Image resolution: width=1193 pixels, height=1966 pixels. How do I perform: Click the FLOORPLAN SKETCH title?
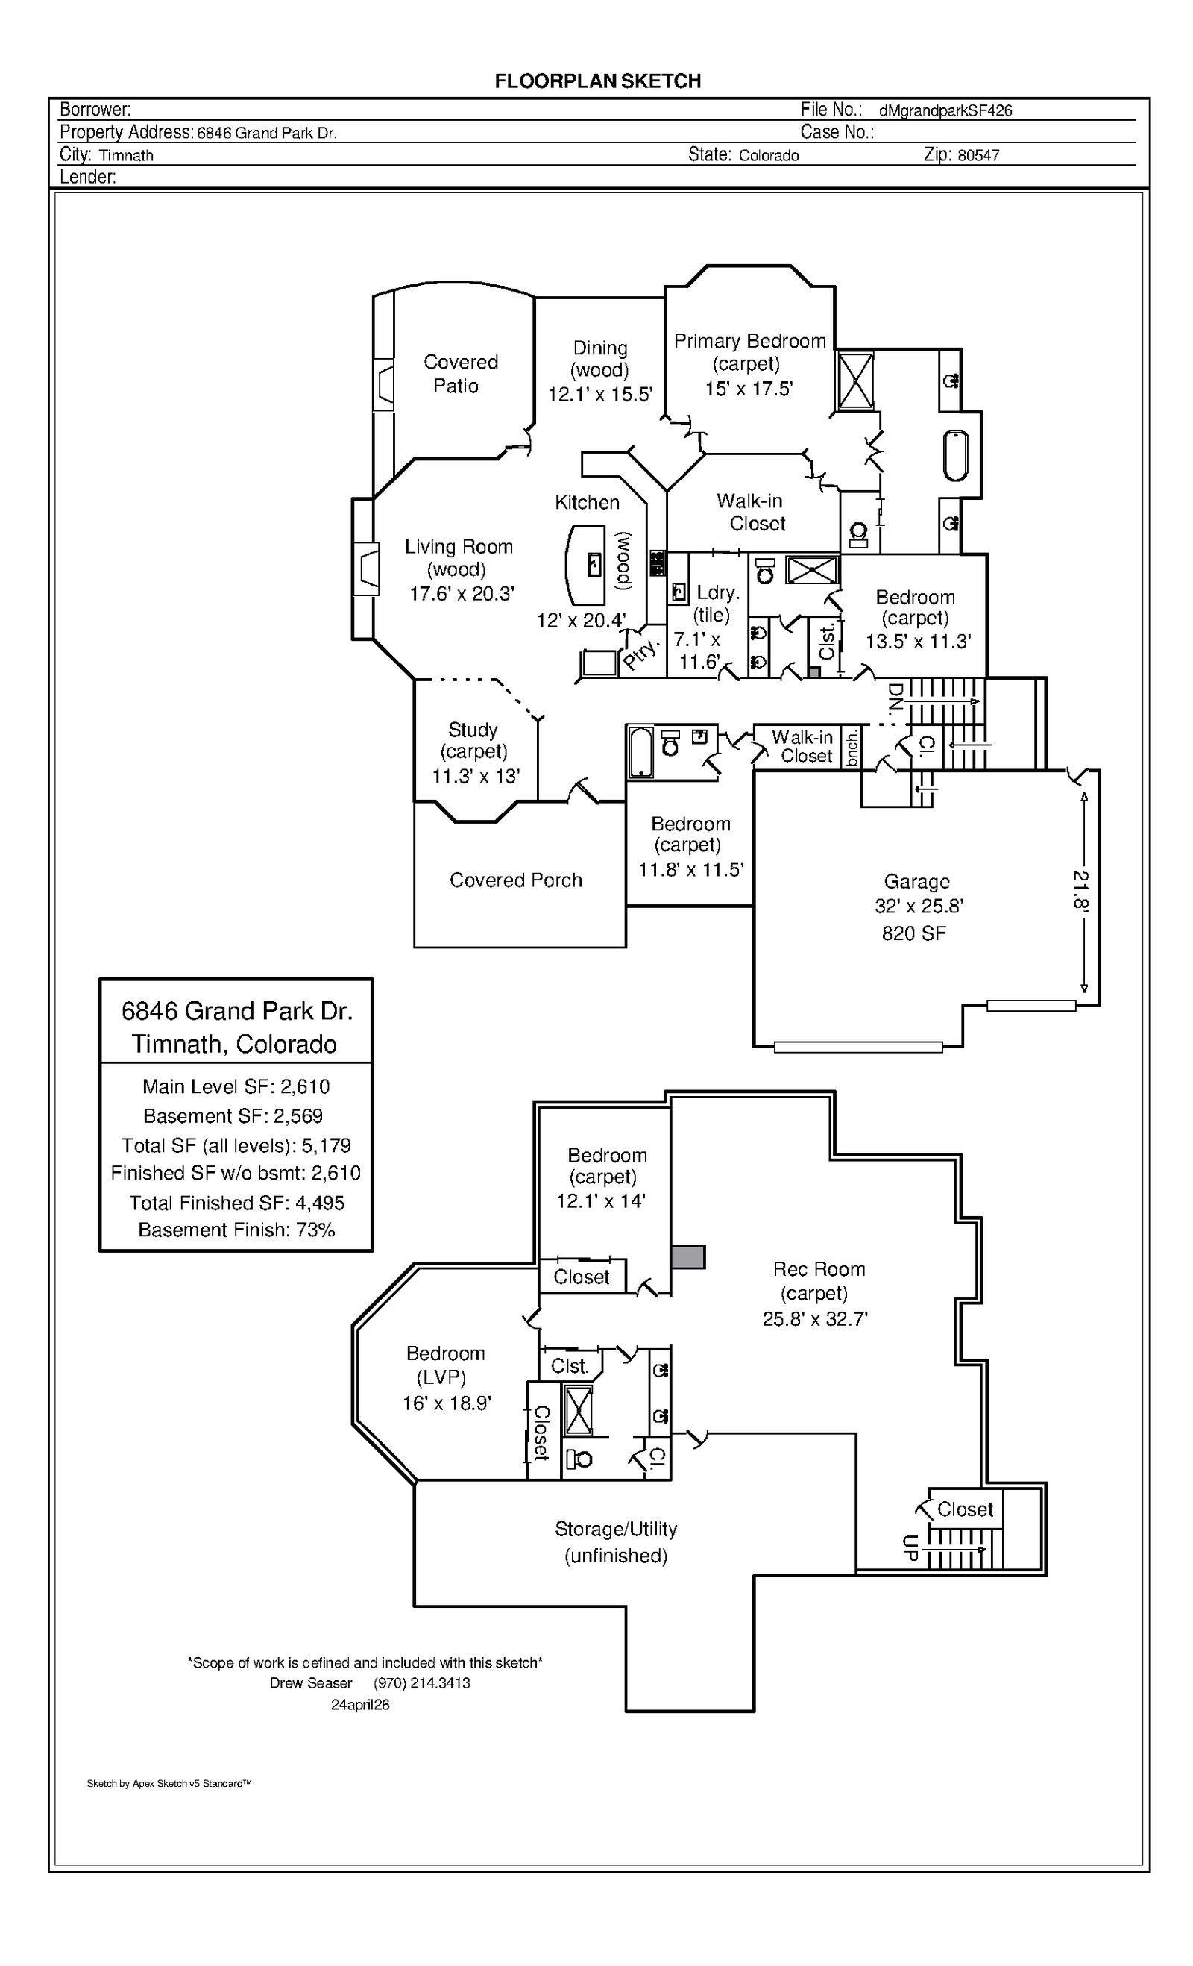[x=597, y=81]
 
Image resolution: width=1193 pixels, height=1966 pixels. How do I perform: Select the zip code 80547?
[x=978, y=156]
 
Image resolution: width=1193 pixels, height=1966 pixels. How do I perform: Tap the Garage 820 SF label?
[x=914, y=933]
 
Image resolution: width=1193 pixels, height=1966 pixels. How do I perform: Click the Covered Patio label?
[x=459, y=373]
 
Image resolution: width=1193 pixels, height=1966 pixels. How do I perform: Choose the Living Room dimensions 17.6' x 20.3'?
[x=462, y=594]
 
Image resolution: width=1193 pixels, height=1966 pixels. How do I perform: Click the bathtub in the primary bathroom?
[x=955, y=456]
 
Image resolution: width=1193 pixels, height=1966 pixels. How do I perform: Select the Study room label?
[x=473, y=730]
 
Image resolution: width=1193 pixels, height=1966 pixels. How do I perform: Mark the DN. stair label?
[x=895, y=698]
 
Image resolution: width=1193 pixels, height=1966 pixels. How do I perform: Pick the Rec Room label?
[x=818, y=1268]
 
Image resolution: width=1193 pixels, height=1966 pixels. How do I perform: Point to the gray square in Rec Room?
[x=687, y=1256]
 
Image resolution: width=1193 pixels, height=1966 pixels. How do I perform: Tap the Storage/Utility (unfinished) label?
[x=616, y=1541]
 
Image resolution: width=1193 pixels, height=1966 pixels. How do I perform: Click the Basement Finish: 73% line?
[x=236, y=1230]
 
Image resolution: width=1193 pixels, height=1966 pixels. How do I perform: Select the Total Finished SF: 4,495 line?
[x=236, y=1203]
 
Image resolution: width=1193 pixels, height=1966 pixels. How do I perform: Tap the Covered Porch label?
[x=516, y=880]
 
